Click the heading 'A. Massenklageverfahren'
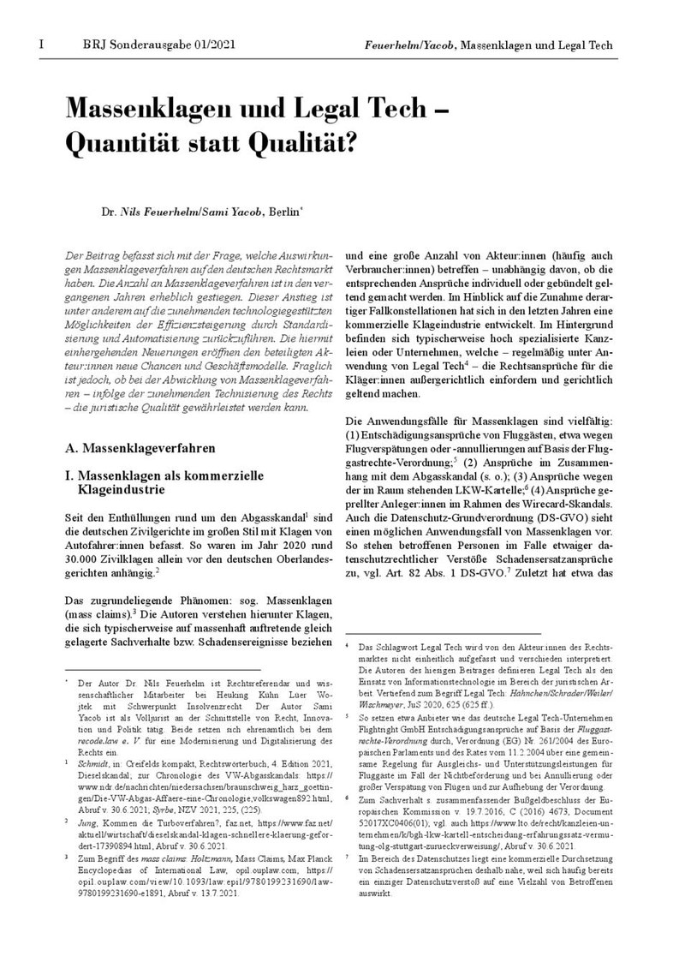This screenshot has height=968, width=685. (140, 447)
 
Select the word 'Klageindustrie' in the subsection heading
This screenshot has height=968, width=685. (121, 491)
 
